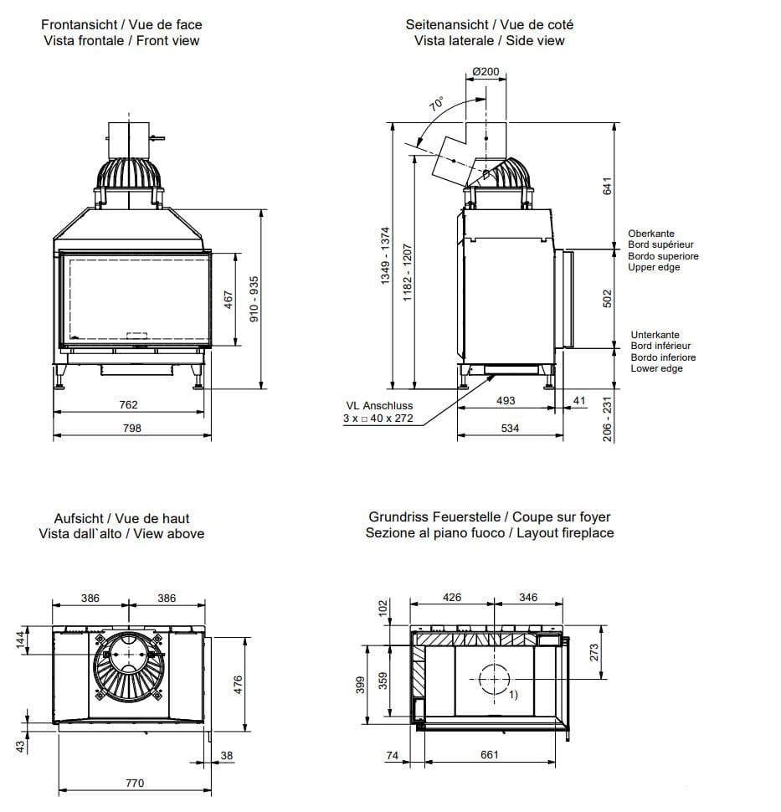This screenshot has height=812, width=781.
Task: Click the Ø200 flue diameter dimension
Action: [x=486, y=71]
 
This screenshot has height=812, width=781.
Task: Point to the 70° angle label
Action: [x=437, y=105]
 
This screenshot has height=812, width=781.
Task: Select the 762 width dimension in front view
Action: [x=128, y=404]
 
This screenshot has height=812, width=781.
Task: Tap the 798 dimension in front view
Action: [x=131, y=428]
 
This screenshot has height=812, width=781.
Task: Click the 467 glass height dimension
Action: [x=229, y=300]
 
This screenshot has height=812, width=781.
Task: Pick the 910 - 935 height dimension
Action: [x=254, y=300]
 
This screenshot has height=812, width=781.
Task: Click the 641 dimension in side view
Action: [x=608, y=186]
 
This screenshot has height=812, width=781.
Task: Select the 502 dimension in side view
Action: [x=608, y=298]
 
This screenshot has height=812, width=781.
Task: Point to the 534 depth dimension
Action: [x=509, y=428]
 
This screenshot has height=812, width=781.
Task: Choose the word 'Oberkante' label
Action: [x=651, y=234]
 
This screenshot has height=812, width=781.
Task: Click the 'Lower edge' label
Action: [x=656, y=368]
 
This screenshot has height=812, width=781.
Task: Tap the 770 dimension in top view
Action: [x=134, y=783]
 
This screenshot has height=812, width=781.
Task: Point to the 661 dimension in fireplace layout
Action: [x=490, y=754]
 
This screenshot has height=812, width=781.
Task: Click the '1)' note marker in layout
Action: [x=513, y=695]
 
